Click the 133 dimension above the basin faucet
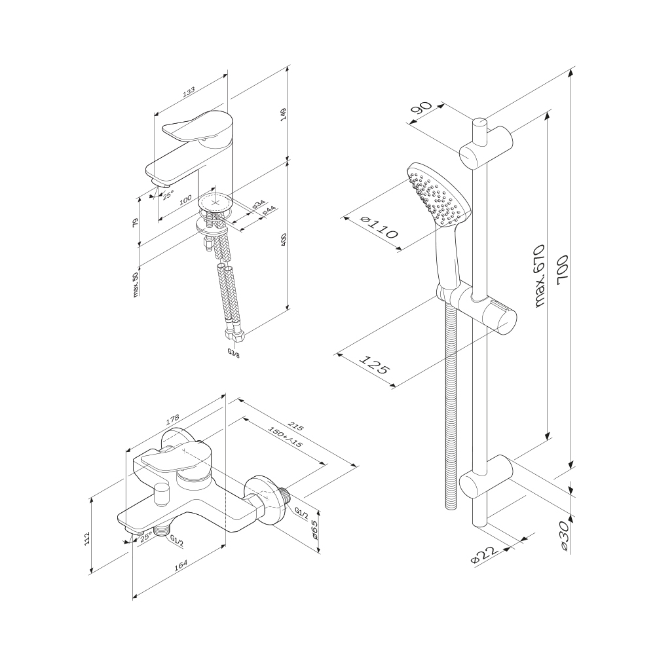[x=189, y=92]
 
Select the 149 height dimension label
[x=283, y=113]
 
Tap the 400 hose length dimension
[x=283, y=240]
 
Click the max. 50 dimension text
[x=136, y=283]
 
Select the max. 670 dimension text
[x=541, y=276]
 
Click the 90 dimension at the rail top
[x=421, y=108]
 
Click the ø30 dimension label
[x=564, y=537]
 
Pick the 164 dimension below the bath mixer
[x=181, y=565]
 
